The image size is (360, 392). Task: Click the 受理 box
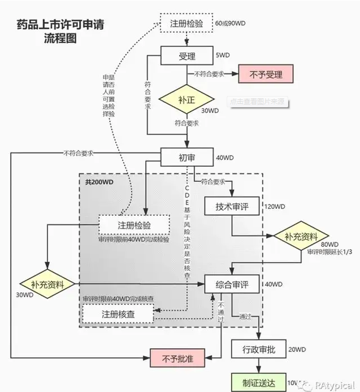point(186,56)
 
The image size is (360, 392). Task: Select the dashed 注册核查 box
point(118,312)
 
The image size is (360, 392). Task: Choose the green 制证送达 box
point(257,382)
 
